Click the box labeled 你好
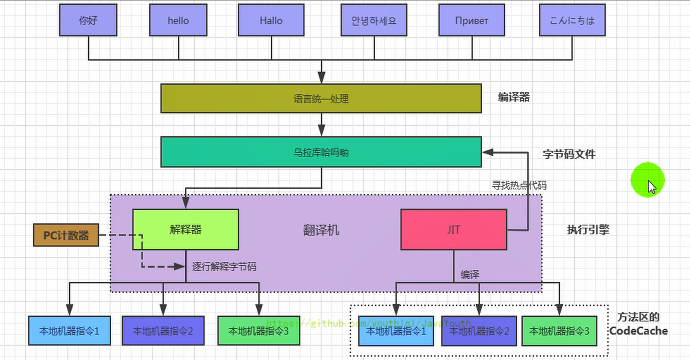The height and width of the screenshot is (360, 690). click(88, 21)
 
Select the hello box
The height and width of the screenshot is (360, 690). click(179, 21)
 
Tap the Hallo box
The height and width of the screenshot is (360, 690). click(271, 21)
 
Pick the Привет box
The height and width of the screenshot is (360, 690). click(472, 21)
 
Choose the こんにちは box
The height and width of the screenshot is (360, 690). click(572, 21)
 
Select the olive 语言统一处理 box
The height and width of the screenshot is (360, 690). click(321, 99)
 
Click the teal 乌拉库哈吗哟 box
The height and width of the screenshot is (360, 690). click(321, 152)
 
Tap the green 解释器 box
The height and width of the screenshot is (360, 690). click(185, 229)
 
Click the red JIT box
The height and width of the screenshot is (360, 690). click(454, 230)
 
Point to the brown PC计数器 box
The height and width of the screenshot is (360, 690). click(66, 236)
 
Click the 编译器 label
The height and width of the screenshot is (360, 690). click(514, 98)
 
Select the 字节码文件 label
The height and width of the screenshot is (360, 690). click(569, 154)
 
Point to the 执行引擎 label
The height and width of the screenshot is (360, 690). click(588, 230)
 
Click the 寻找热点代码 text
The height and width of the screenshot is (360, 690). click(519, 185)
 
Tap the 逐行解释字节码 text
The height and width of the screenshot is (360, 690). click(224, 267)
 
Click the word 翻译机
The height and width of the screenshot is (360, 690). click(321, 230)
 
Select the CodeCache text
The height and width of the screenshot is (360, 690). click(638, 331)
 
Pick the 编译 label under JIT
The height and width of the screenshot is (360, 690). click(470, 274)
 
